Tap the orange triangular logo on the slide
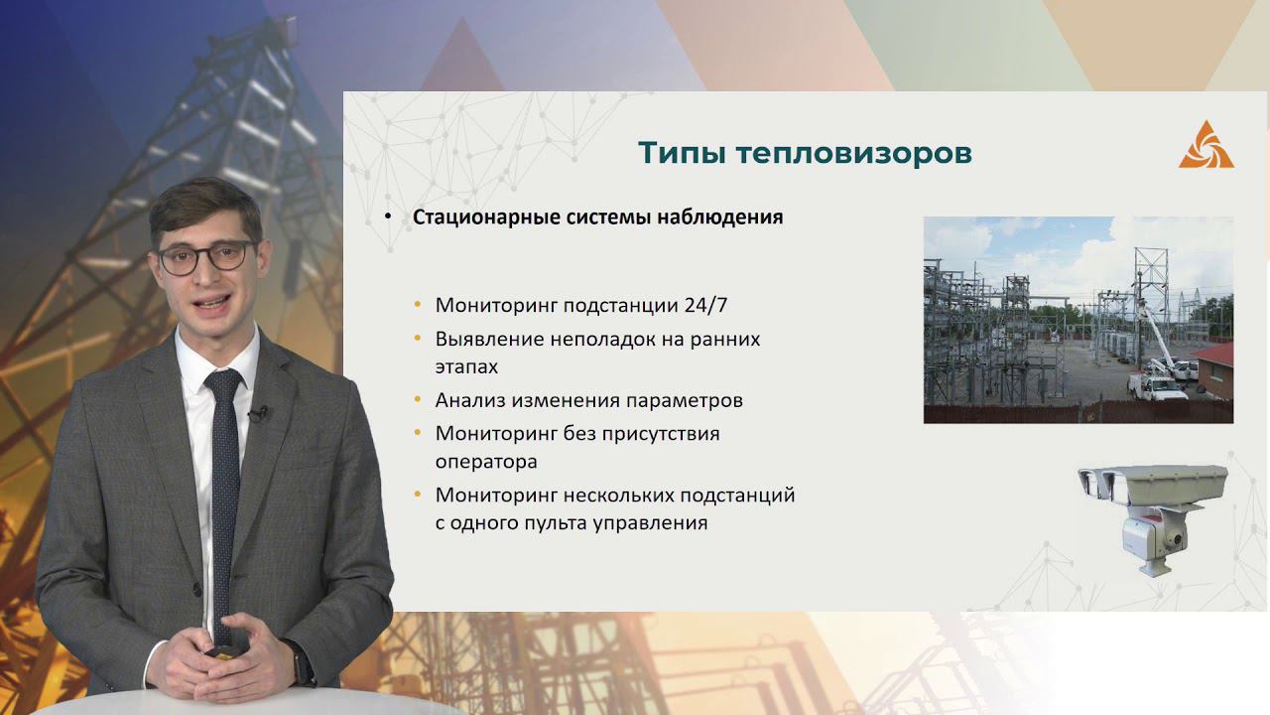click(x=1206, y=145)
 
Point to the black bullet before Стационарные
click(x=389, y=217)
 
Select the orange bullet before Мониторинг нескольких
click(x=419, y=494)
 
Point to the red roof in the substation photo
click(x=1214, y=354)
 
